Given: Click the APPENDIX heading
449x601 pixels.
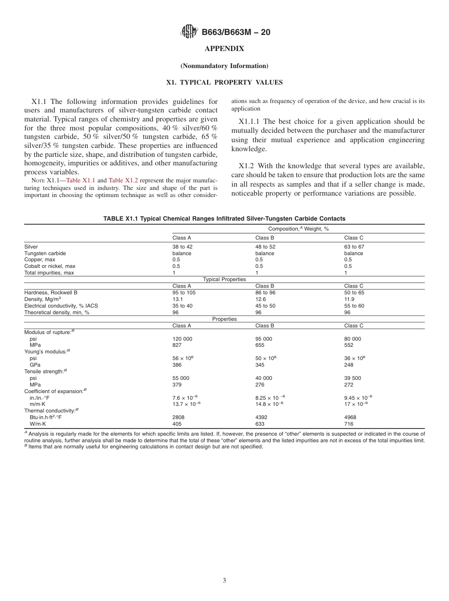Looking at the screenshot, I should click(224, 49).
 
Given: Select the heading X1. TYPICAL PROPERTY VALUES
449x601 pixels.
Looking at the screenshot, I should click(224, 82).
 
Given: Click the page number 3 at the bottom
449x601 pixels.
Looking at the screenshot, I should click(224, 581).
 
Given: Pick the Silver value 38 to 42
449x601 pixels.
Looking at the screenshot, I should click(182, 247).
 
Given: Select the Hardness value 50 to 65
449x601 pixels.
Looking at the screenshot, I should click(354, 292).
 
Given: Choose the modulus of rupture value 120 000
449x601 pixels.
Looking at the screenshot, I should click(182, 339).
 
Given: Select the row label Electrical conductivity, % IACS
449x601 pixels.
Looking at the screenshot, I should click(61, 306).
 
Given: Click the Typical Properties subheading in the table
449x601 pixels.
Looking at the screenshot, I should click(224, 279).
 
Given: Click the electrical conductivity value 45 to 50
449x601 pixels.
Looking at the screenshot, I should click(265, 306).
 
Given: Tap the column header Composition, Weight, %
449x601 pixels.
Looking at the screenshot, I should click(298, 229).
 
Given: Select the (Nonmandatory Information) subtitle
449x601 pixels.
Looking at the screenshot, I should click(224, 66).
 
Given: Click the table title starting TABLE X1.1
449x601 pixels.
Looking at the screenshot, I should click(224, 219).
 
